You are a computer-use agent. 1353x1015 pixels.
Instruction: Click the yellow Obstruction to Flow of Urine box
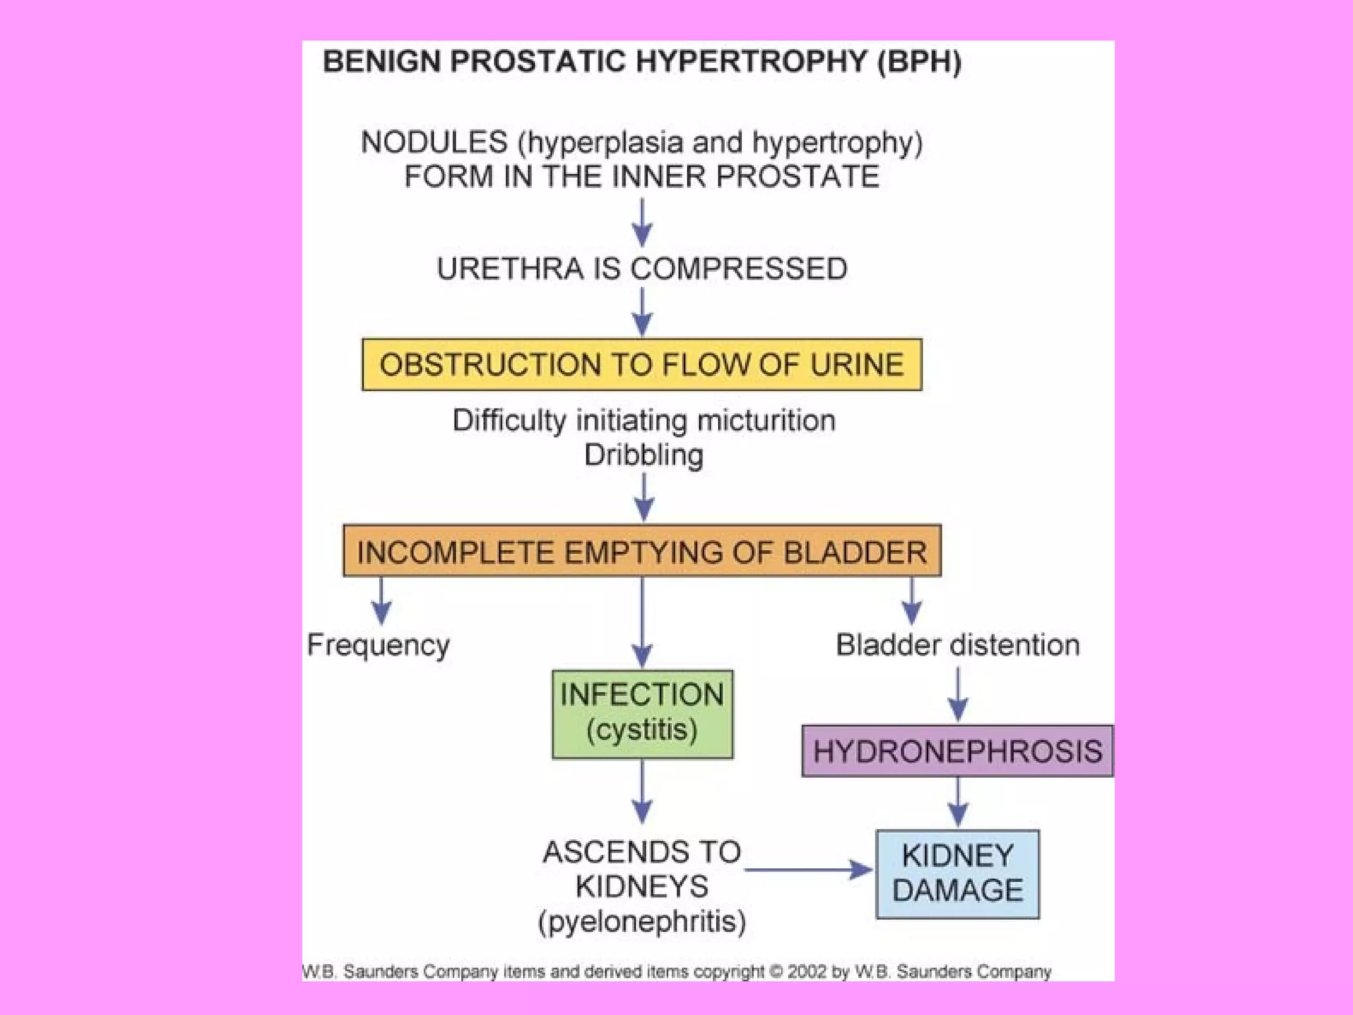coord(641,365)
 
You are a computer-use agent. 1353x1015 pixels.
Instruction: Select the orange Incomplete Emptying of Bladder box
coord(641,551)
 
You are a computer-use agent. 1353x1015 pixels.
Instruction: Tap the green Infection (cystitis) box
coord(642,714)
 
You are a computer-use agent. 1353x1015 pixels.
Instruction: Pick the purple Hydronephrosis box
coord(957,751)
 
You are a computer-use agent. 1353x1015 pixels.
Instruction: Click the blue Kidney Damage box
coord(957,874)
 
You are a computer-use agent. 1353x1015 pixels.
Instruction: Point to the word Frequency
coord(379,645)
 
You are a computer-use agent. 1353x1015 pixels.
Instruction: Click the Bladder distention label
coord(957,645)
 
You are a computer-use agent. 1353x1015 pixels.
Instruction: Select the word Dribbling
coord(643,455)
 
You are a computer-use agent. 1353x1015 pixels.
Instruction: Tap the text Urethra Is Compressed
coord(641,269)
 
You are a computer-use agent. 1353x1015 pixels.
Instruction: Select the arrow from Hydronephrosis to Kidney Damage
coord(958,802)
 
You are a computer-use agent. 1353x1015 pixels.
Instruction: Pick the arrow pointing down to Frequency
coord(381,601)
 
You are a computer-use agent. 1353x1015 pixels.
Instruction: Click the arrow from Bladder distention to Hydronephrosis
coord(958,695)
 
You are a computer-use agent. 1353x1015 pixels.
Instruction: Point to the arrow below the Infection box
coord(642,792)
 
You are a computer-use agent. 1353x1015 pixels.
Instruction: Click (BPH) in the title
coord(919,61)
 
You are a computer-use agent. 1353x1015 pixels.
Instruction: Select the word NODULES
coord(434,143)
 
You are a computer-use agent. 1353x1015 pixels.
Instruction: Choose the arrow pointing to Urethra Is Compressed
coord(642,223)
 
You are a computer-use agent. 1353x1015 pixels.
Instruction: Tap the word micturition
coord(766,421)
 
